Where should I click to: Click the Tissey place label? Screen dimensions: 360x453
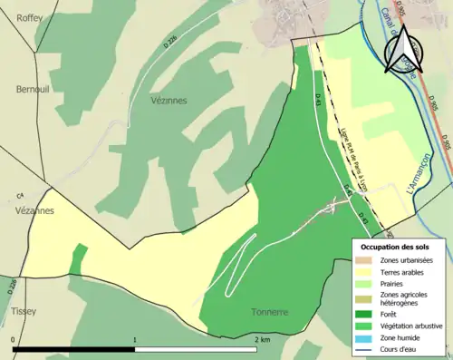[x=23, y=311]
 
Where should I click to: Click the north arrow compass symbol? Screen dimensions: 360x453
[x=404, y=50]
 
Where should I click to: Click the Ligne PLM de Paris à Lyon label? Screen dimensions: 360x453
[x=357, y=150]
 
